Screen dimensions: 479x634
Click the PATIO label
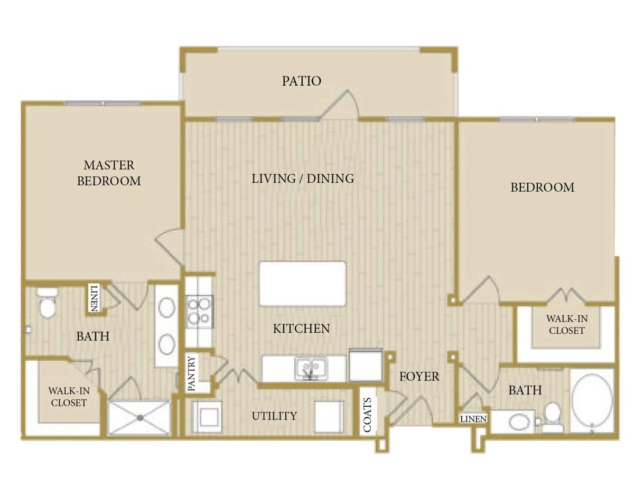tap(301, 81)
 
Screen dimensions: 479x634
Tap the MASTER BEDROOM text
tap(109, 173)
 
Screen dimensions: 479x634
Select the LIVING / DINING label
tap(302, 179)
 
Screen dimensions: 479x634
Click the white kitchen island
tap(303, 284)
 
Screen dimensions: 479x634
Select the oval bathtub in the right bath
tap(592, 400)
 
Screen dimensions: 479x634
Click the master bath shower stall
tap(140, 417)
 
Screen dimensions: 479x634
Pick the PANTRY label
tap(191, 374)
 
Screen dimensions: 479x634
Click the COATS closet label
tap(368, 414)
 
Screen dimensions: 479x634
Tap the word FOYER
tap(419, 377)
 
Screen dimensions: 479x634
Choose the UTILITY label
tap(274, 416)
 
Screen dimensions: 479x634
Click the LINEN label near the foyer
tap(473, 419)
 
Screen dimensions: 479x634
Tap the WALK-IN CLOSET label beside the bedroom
tap(566, 324)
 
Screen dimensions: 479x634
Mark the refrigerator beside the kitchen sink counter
tap(366, 364)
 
